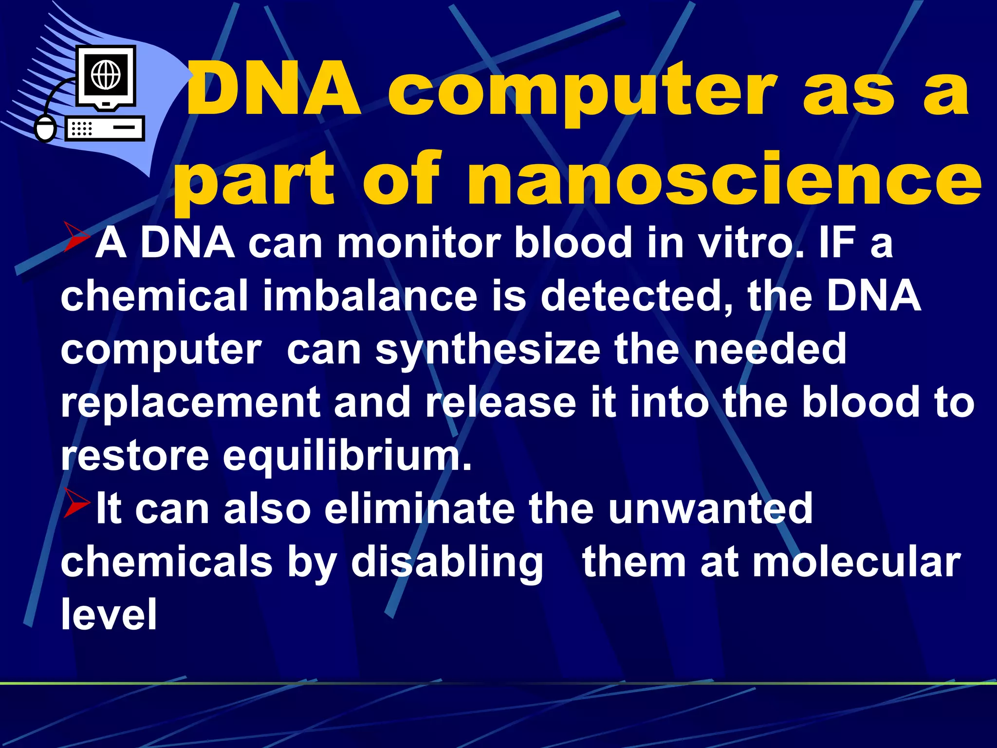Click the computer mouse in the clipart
tap(46, 129)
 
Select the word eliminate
tap(419, 509)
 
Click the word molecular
tap(857, 562)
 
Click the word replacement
tap(190, 402)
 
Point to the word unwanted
tap(710, 509)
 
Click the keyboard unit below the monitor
tap(105, 129)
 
